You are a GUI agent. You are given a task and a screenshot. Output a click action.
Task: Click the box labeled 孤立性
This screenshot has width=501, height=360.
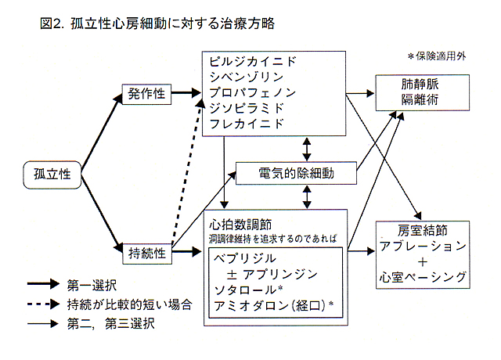coord(52,173)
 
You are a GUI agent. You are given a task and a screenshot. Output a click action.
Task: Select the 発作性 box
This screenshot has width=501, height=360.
coord(146,94)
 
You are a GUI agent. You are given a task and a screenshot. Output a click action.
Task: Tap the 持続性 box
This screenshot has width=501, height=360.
coord(146,252)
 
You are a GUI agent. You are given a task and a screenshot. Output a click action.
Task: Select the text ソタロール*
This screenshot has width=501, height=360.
coord(249,290)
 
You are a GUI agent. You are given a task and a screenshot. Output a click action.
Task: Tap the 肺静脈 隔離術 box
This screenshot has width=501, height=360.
coord(413,91)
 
